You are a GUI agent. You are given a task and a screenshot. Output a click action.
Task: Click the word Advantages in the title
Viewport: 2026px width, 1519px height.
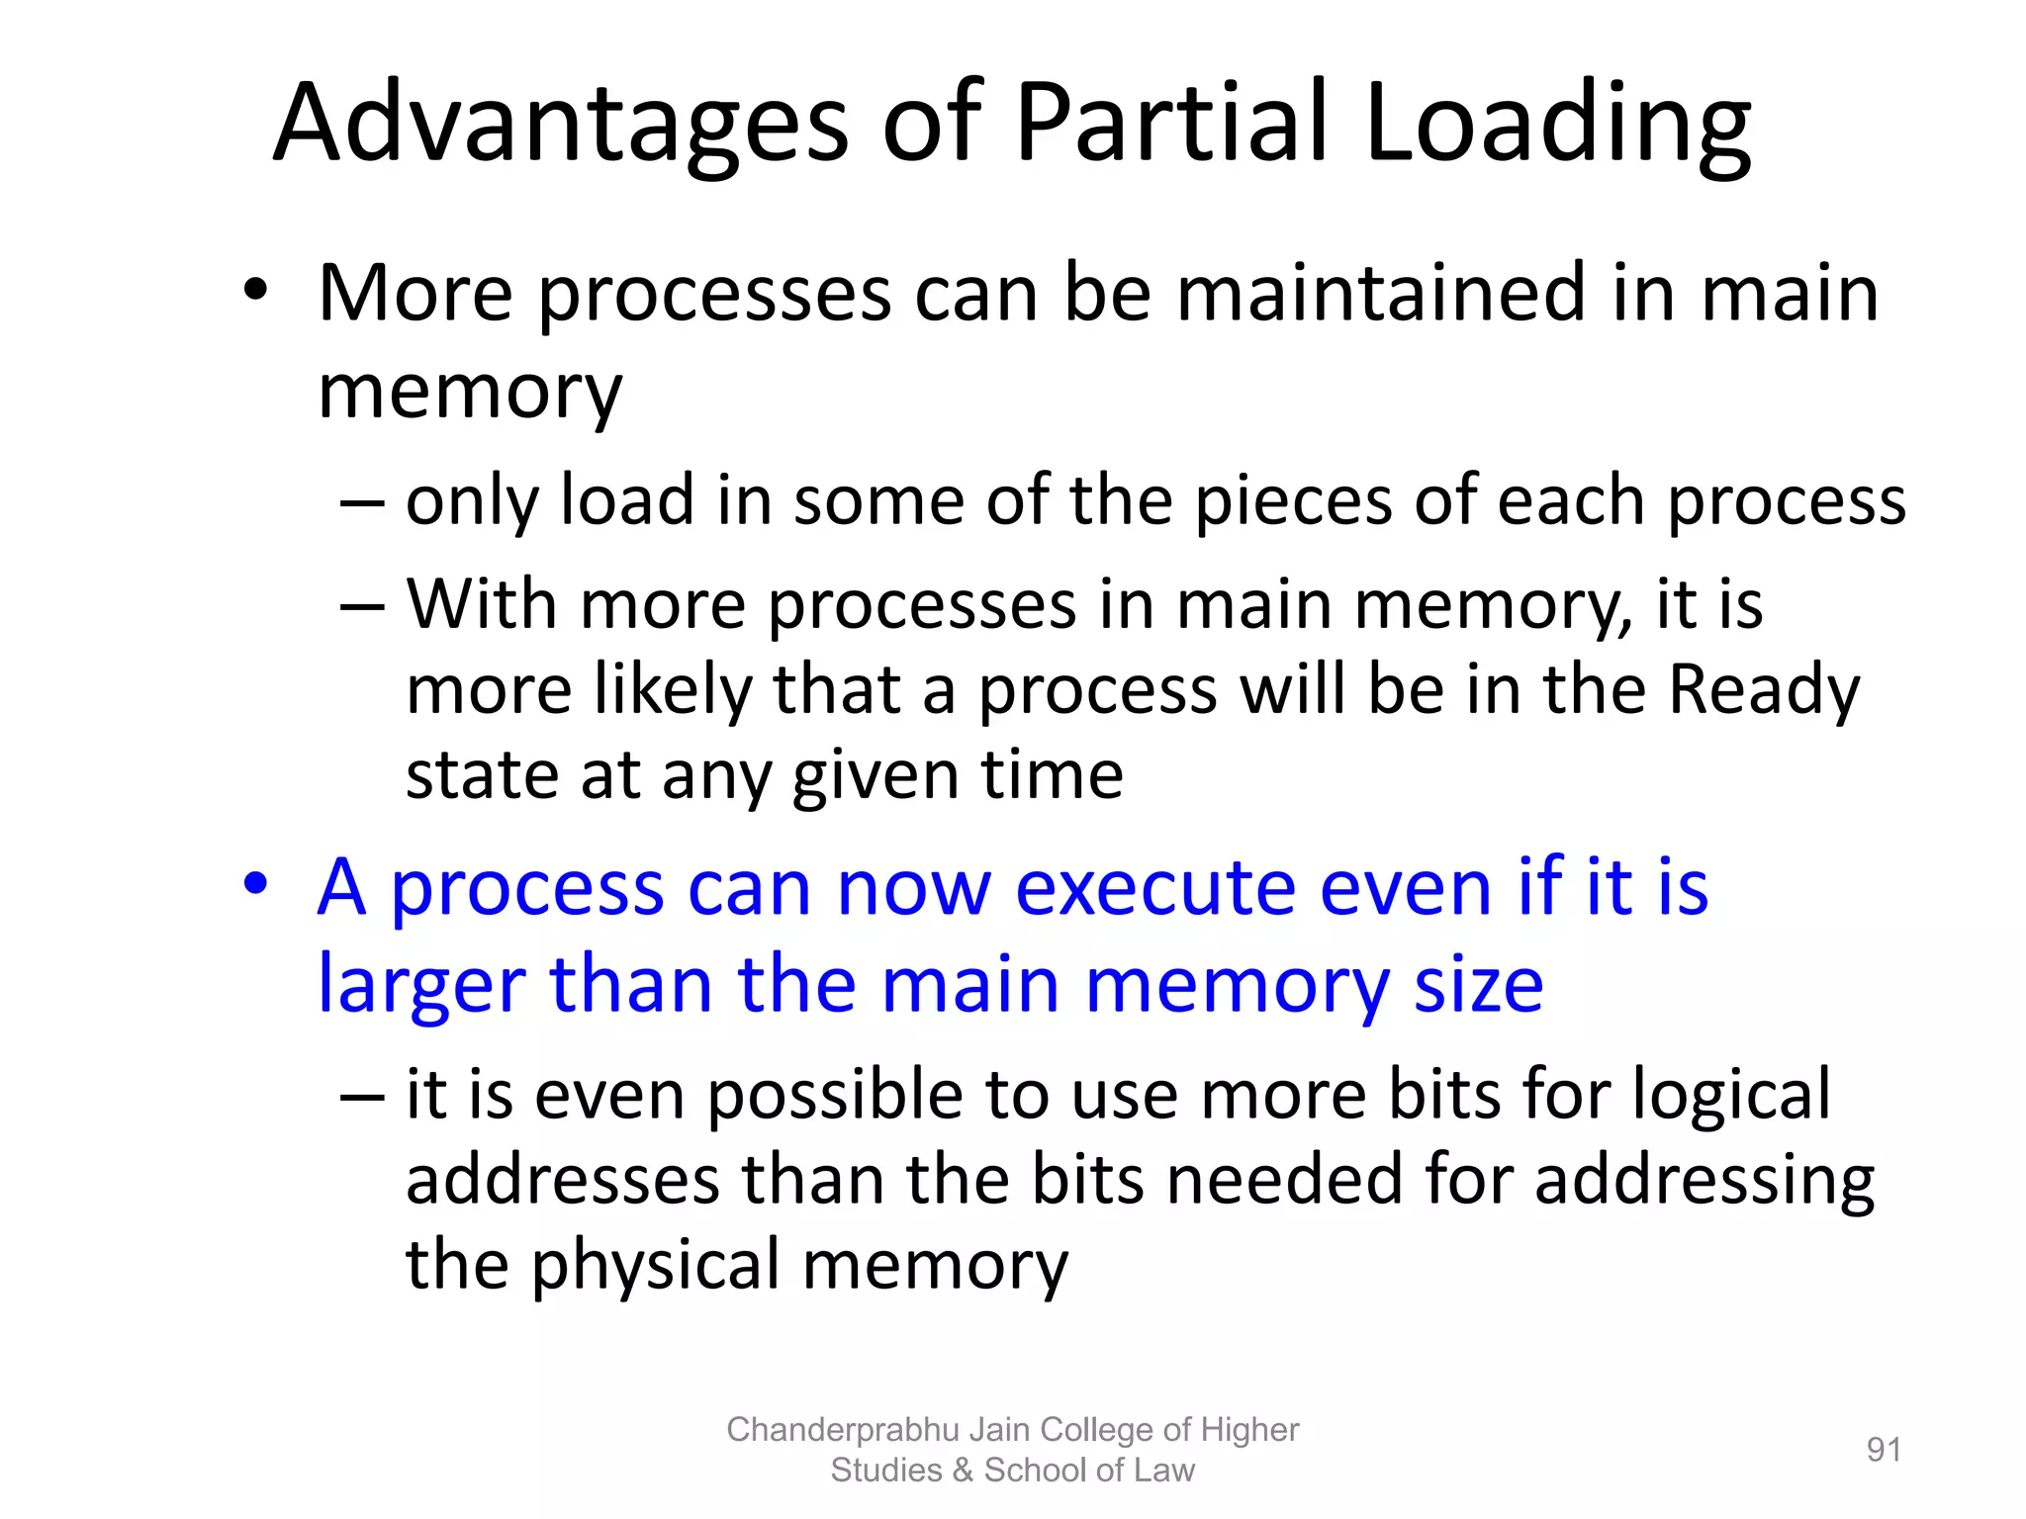point(560,123)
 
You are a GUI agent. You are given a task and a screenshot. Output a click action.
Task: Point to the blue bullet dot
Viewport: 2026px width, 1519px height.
point(255,884)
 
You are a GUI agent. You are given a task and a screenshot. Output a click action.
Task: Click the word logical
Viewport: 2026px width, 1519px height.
point(1731,1096)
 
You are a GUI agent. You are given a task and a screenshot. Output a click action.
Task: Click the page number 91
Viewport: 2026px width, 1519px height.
point(1884,1450)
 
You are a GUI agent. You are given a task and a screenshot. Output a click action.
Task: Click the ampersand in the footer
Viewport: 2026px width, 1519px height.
point(963,1471)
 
